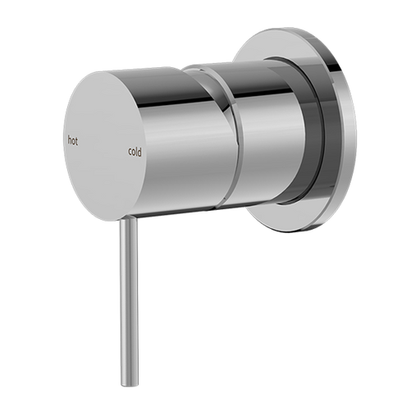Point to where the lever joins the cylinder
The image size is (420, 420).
click(x=125, y=219)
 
